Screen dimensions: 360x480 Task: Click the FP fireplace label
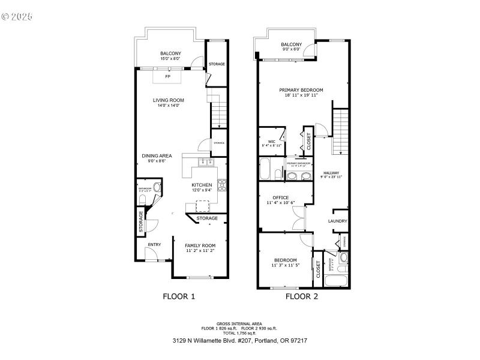pyautogui.click(x=167, y=77)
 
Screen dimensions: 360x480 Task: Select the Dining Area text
pyautogui.click(x=157, y=156)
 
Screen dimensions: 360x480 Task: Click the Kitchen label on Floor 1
pyautogui.click(x=202, y=185)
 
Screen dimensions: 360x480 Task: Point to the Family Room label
pyautogui.click(x=200, y=245)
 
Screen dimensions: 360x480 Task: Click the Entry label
pyautogui.click(x=154, y=244)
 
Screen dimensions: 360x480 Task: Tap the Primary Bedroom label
pyautogui.click(x=301, y=90)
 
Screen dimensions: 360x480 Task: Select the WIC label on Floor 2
pyautogui.click(x=271, y=142)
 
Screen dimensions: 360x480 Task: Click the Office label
pyautogui.click(x=280, y=197)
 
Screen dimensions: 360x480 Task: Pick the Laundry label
pyautogui.click(x=337, y=221)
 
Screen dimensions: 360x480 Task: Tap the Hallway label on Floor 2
pyautogui.click(x=331, y=172)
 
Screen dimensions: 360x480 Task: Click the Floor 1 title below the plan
pyautogui.click(x=179, y=296)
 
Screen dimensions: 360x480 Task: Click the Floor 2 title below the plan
pyautogui.click(x=301, y=296)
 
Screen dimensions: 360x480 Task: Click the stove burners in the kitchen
pyautogui.click(x=221, y=185)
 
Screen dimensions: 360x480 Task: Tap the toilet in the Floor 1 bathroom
pyautogui.click(x=157, y=188)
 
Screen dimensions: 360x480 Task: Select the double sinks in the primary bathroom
pyautogui.click(x=298, y=176)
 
